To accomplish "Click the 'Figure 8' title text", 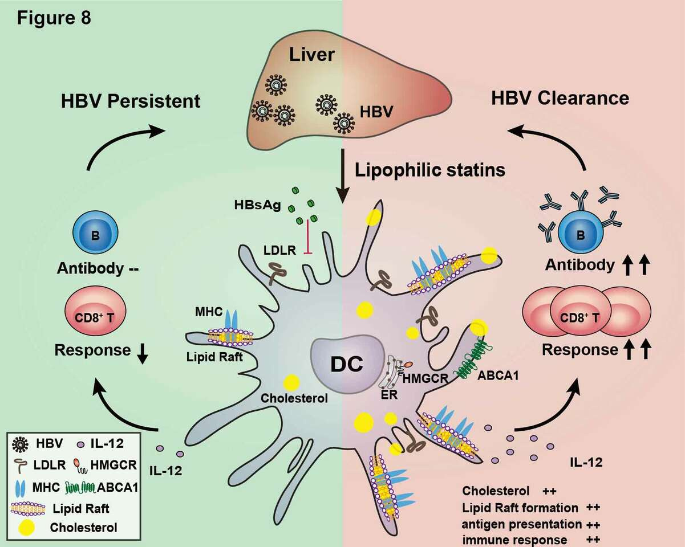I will pos(53,18).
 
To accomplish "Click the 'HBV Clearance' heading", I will pos(560,98).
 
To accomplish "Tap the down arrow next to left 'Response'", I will pos(142,354).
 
